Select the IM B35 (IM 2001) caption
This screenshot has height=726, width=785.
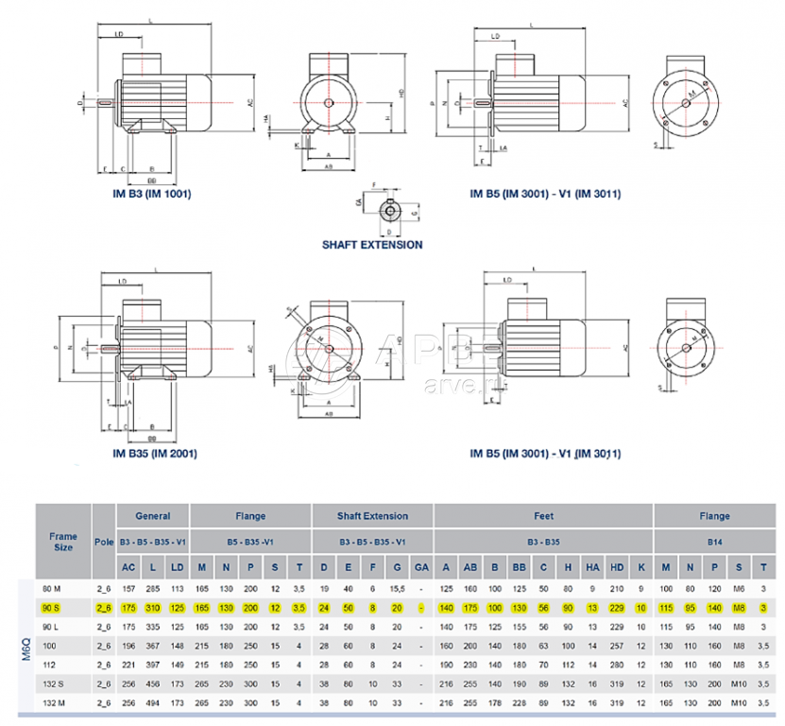pyautogui.click(x=155, y=454)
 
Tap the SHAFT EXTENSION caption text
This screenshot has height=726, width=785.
pyautogui.click(x=372, y=244)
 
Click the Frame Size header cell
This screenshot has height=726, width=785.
pyautogui.click(x=63, y=541)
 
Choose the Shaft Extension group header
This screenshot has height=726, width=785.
pyautogui.click(x=372, y=516)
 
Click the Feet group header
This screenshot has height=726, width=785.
pyautogui.click(x=543, y=516)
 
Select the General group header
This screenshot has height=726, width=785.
pyautogui.click(x=152, y=516)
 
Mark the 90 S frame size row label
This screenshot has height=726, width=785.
pyautogui.click(x=53, y=609)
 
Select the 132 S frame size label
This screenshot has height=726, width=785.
pyautogui.click(x=53, y=683)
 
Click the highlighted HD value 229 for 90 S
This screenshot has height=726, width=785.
pyautogui.click(x=617, y=609)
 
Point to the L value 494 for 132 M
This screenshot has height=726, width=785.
pyautogui.click(x=152, y=702)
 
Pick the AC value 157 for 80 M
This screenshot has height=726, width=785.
pyautogui.click(x=128, y=589)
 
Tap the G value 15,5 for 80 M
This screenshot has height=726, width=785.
pyautogui.click(x=398, y=589)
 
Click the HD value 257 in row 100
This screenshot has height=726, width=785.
pyautogui.click(x=617, y=646)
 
